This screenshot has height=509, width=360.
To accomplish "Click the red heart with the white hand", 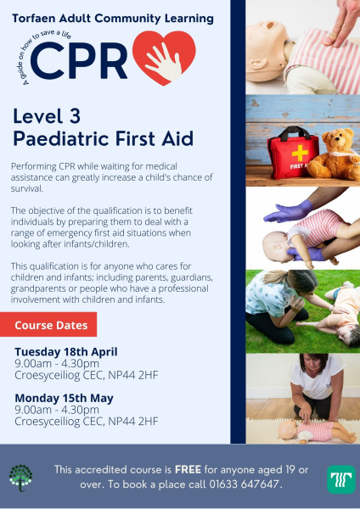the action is click(164, 58).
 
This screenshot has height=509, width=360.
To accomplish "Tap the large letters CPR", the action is click(79, 61).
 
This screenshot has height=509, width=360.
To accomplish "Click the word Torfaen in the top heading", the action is click(33, 19).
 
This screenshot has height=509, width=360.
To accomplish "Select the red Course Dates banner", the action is click(48, 324).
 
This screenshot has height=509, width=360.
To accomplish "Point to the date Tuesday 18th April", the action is click(66, 352).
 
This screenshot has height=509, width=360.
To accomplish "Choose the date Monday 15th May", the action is click(64, 398).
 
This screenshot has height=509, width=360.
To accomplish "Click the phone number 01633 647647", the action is click(244, 484).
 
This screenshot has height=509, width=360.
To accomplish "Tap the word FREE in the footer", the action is click(188, 469).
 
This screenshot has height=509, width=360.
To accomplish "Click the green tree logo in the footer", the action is click(20, 478).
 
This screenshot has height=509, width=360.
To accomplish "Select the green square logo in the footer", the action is click(341, 479).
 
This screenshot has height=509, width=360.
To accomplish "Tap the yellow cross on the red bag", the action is click(300, 153).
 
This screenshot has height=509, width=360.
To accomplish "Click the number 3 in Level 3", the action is click(75, 116).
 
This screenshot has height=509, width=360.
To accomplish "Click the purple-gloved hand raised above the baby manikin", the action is click(289, 211).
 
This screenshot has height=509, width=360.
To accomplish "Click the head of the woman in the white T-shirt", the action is click(313, 365).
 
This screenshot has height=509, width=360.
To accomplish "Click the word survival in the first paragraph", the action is click(26, 188).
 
